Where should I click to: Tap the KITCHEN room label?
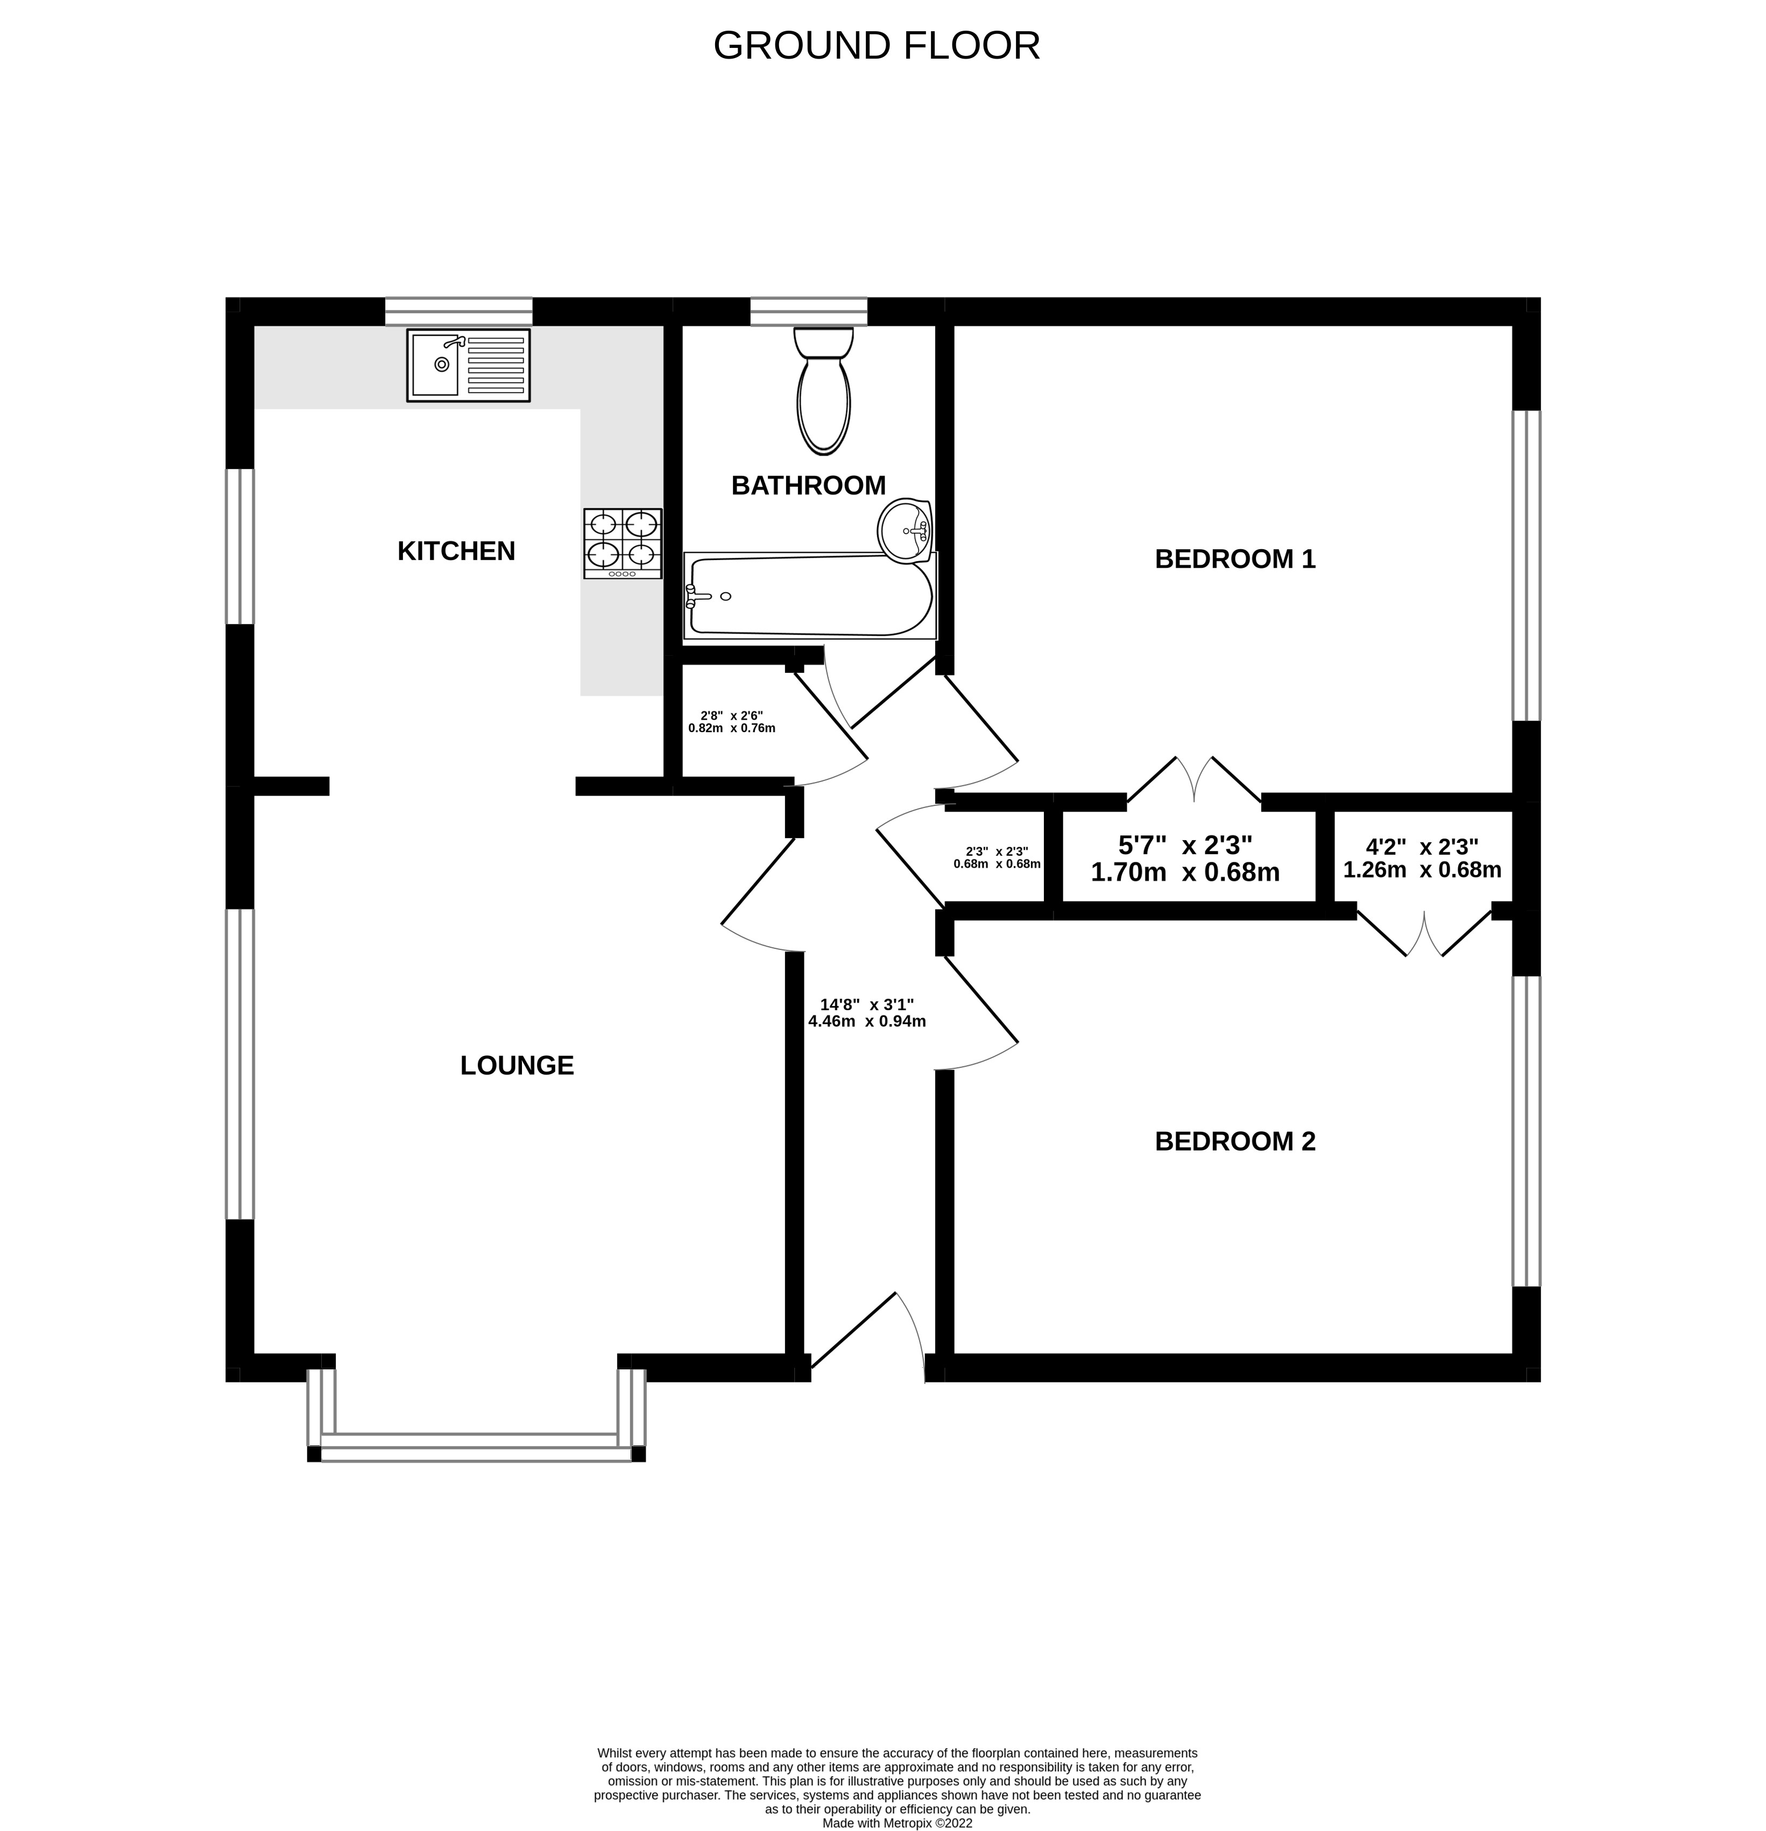click(x=456, y=551)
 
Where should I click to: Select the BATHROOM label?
click(x=808, y=486)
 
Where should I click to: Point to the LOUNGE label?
click(x=517, y=1065)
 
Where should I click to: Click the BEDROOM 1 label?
click(x=1235, y=559)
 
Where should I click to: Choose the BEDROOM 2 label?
click(x=1235, y=1141)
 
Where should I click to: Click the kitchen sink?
click(x=468, y=365)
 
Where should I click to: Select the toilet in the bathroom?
click(x=823, y=391)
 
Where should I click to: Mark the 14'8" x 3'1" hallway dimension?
click(x=866, y=1013)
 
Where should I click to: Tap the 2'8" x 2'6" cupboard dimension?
click(x=732, y=721)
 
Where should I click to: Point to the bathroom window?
click(x=808, y=311)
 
